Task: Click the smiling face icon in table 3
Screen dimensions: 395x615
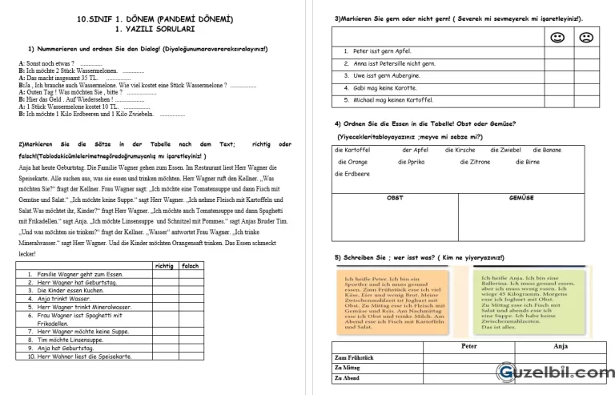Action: (555, 37)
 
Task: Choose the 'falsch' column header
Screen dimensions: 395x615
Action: (190, 265)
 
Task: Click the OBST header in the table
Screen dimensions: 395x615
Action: (395, 197)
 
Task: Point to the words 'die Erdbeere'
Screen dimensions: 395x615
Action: (352, 173)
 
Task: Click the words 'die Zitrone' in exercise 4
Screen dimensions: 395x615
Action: (475, 161)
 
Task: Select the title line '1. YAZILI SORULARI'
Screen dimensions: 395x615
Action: (155, 28)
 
